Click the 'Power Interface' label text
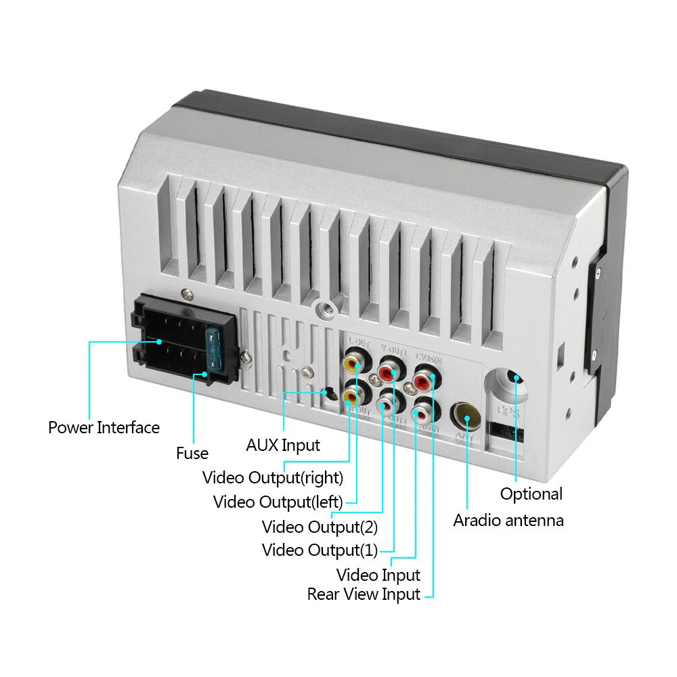(x=104, y=428)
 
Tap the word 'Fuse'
(x=192, y=453)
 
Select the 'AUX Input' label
(x=283, y=445)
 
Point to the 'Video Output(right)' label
(x=273, y=477)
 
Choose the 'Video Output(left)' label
(x=278, y=502)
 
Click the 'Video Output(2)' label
(x=320, y=526)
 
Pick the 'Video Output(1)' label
(x=320, y=550)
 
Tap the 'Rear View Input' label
(x=364, y=594)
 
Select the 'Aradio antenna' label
(x=508, y=520)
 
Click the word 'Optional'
(x=531, y=494)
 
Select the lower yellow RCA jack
(x=353, y=392)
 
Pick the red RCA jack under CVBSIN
(x=424, y=378)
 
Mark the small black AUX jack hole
(x=328, y=392)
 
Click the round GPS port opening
(x=512, y=379)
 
